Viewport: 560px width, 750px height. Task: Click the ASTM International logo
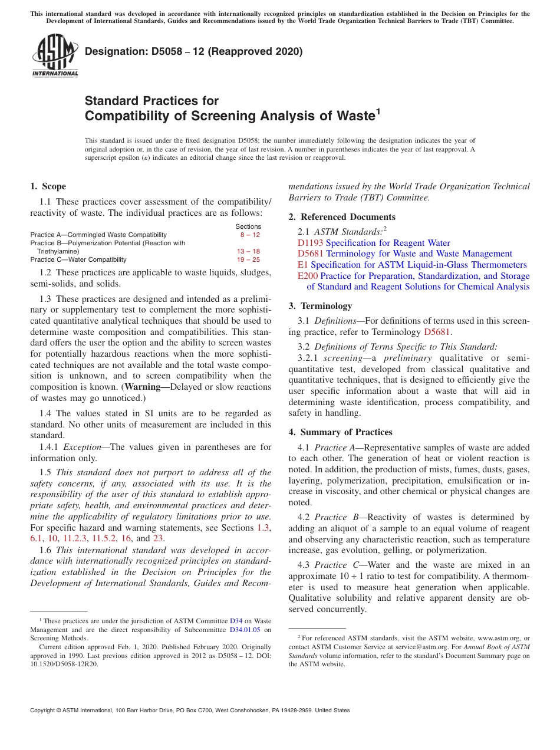coord(54,56)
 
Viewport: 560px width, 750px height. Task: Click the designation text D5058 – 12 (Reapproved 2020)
coord(193,52)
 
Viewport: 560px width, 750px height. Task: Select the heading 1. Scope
coord(48,186)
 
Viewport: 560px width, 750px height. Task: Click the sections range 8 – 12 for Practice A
coord(249,235)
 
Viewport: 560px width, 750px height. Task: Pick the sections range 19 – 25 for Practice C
coord(248,259)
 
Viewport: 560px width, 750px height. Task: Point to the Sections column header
coord(248,226)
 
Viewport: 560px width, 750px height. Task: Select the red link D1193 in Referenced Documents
coord(311,243)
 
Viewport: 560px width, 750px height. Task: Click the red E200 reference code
coord(308,276)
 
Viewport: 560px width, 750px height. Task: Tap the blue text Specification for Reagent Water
coord(388,243)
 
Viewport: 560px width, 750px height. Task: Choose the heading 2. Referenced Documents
coord(342,217)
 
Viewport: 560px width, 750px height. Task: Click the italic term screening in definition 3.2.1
coord(345,358)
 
